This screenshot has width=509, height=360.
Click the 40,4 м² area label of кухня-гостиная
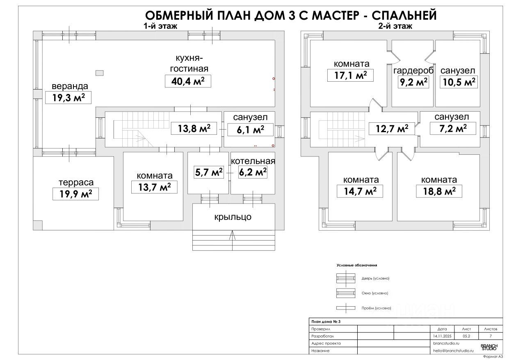[x=188, y=81]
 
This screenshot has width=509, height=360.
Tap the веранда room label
[x=69, y=87]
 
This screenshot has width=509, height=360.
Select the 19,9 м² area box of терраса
[x=76, y=193]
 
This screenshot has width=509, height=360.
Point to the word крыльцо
[x=233, y=217]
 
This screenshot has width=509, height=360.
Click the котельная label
[x=253, y=161]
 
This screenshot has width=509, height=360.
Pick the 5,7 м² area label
[x=208, y=172]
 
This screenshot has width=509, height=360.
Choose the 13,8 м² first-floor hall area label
[x=194, y=128]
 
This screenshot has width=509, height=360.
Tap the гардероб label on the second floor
[x=413, y=71]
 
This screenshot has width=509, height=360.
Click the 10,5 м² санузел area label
[x=458, y=82]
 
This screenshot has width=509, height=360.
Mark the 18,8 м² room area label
[x=439, y=191]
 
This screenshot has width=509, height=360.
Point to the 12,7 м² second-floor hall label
[x=392, y=128]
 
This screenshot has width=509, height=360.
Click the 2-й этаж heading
[x=395, y=26]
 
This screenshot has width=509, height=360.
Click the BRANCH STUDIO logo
[x=489, y=347]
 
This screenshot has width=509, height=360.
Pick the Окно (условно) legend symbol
[x=345, y=293]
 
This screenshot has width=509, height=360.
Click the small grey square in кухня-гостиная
[x=99, y=73]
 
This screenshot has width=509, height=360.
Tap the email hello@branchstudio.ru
[x=453, y=351]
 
